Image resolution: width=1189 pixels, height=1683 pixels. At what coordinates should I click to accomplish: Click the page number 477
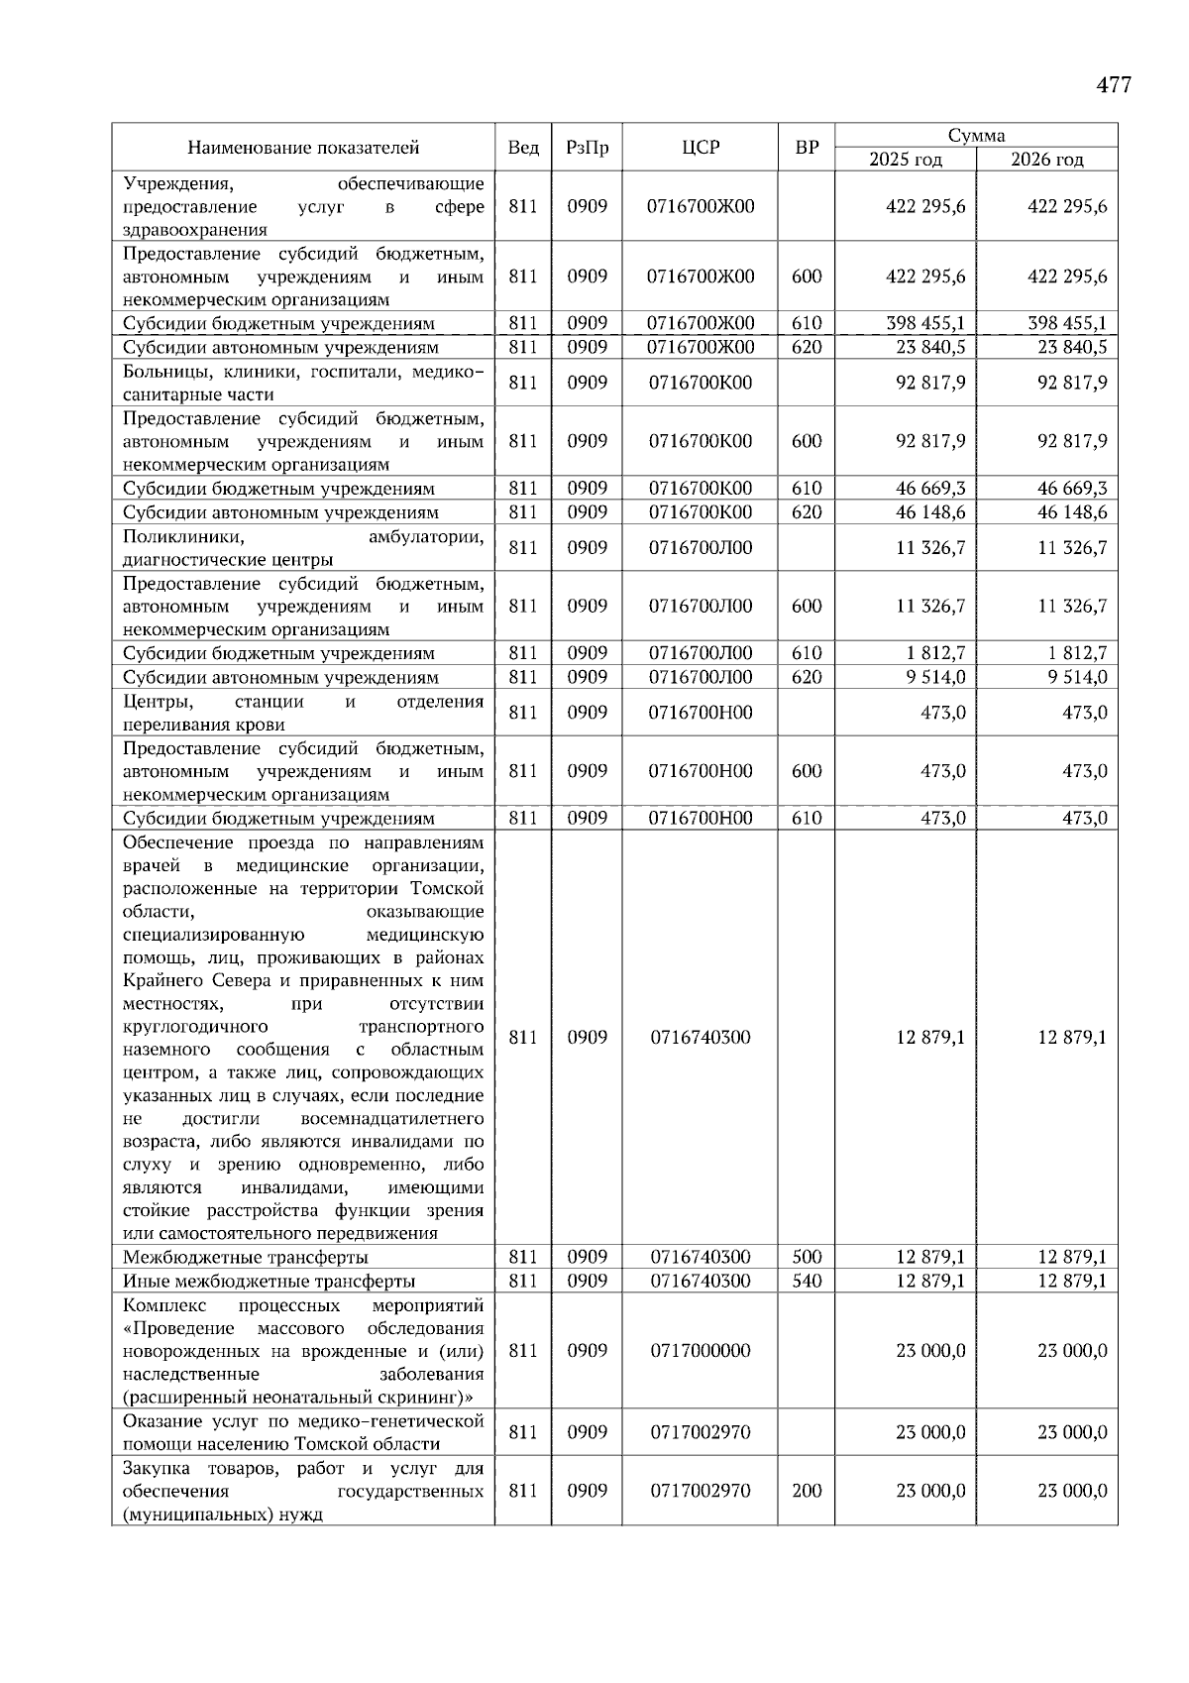[x=1114, y=85]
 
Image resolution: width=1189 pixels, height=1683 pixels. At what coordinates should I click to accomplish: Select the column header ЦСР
[x=701, y=148]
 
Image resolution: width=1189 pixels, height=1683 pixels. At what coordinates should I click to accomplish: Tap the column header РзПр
[x=588, y=148]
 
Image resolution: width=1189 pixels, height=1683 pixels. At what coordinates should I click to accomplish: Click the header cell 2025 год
[x=906, y=160]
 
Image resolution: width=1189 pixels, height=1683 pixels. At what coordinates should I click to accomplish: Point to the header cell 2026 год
[x=1047, y=160]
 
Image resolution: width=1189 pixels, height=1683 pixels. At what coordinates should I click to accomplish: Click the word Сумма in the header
[x=976, y=136]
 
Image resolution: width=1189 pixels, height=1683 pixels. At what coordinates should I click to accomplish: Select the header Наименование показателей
[x=303, y=148]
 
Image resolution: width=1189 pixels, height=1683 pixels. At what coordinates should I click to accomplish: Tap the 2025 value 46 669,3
[x=929, y=489]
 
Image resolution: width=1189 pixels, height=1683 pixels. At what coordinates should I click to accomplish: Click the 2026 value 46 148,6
[x=1071, y=512]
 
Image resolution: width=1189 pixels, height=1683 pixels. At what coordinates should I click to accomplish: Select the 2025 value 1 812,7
[x=935, y=653]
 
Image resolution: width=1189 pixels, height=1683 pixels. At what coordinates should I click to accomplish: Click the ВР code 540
[x=807, y=1281]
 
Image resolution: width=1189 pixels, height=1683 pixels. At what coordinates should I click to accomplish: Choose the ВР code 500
[x=807, y=1257]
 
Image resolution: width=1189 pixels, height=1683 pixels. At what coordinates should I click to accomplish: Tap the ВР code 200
[x=807, y=1491]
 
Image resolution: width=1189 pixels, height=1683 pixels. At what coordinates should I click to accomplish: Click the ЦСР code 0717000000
[x=701, y=1351]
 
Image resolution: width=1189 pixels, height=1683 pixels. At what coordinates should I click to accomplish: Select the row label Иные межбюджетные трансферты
[x=270, y=1281]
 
